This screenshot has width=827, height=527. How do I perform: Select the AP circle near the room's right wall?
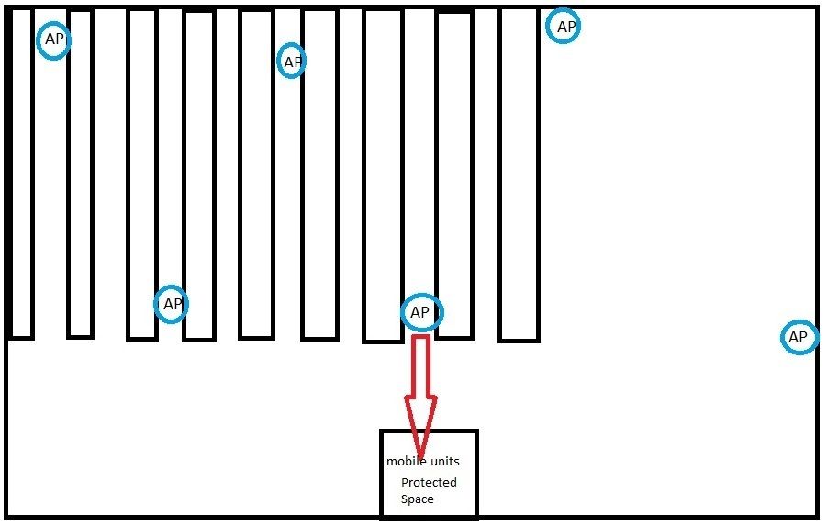(x=799, y=338)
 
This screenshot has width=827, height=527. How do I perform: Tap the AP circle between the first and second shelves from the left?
(x=53, y=40)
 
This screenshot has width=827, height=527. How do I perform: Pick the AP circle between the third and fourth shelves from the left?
(x=171, y=304)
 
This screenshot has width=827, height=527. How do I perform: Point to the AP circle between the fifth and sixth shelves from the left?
(x=292, y=62)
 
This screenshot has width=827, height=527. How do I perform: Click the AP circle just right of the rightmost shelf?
(x=564, y=27)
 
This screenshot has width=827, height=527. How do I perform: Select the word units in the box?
(x=443, y=461)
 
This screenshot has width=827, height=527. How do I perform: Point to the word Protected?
(x=429, y=482)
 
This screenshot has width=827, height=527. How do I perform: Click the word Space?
(x=417, y=499)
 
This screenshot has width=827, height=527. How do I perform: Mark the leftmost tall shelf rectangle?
(x=20, y=174)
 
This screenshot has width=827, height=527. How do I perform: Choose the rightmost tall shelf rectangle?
(x=519, y=174)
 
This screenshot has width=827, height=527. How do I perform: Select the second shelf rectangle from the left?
(x=81, y=174)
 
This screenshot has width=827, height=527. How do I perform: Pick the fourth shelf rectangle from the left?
(x=199, y=174)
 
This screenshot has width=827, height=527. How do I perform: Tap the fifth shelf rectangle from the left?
(x=256, y=174)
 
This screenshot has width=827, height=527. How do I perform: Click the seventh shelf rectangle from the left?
(x=383, y=174)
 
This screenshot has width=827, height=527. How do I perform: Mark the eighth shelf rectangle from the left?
(x=454, y=174)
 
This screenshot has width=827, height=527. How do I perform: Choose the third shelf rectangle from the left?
(x=142, y=174)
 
